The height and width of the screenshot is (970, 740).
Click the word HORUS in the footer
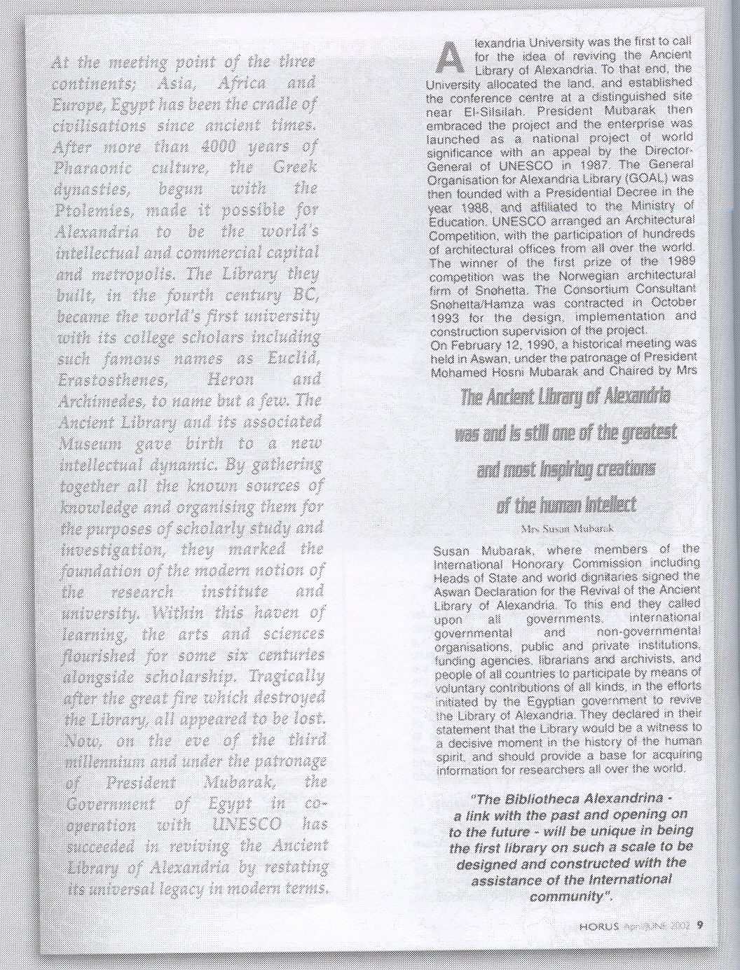599,924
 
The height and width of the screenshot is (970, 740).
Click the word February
471,345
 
